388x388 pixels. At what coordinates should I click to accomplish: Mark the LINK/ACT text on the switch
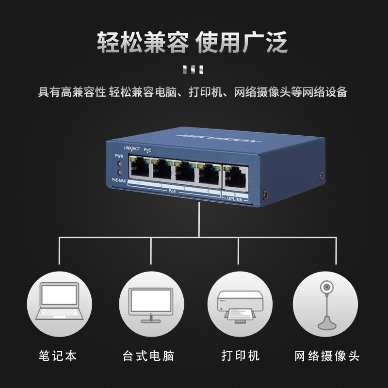coord(131,147)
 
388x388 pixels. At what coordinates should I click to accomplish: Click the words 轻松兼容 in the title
coord(142,43)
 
